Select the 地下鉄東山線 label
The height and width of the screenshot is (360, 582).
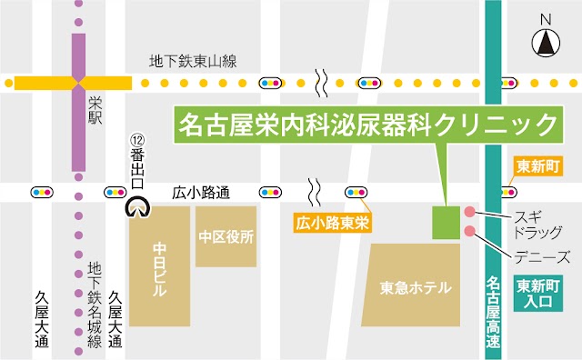(193, 62)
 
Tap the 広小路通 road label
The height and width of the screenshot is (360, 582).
(201, 193)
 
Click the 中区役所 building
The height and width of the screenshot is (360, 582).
(226, 235)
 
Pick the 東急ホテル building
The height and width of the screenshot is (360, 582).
(416, 288)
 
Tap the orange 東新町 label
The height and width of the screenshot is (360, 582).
(535, 167)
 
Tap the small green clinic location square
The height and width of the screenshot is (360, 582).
(446, 222)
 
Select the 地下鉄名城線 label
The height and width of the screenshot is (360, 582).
(93, 305)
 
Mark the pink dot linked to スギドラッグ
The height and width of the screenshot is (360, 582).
(469, 212)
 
